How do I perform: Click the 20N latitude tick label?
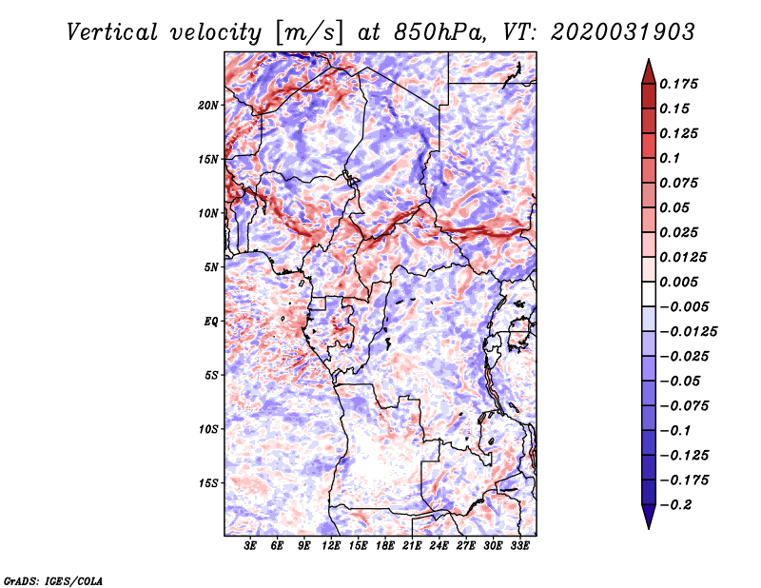[x=207, y=106]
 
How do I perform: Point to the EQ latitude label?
[x=210, y=322]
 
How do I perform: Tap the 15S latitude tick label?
[x=207, y=483]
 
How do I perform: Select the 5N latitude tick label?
[x=211, y=267]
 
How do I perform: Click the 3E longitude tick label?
[x=250, y=546]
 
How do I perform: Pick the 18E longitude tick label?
[x=385, y=546]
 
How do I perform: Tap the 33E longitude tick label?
[x=519, y=546]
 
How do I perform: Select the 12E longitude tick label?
[x=331, y=546]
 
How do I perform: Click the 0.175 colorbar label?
[x=678, y=84]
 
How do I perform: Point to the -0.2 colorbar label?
[x=675, y=505]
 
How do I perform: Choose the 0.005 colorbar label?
[x=678, y=282]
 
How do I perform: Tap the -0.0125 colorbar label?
[x=688, y=332]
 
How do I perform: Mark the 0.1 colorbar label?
[x=670, y=158]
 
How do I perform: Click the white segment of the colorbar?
[x=649, y=294]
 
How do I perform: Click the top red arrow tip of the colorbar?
[x=649, y=59]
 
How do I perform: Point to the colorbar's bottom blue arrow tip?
[x=649, y=528]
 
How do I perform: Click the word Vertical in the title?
[x=112, y=32]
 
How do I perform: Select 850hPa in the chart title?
[x=439, y=32]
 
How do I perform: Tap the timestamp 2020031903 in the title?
[x=623, y=32]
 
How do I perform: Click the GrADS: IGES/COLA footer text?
[x=53, y=581]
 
